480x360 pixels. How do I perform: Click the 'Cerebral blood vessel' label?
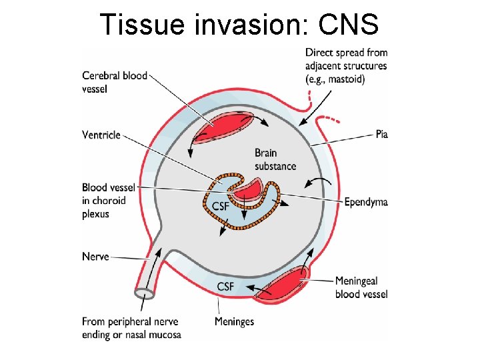(114, 82)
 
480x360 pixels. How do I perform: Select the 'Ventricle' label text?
(101, 135)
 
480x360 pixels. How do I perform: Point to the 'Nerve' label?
(95, 257)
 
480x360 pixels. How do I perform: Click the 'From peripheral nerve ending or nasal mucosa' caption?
(131, 328)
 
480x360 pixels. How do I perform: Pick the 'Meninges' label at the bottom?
(234, 322)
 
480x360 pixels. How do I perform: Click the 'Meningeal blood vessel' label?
(361, 287)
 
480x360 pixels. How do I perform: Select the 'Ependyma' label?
(366, 202)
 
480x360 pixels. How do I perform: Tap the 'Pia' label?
(381, 135)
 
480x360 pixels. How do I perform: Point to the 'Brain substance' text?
(275, 159)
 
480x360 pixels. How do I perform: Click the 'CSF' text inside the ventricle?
(221, 206)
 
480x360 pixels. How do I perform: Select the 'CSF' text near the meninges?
(225, 287)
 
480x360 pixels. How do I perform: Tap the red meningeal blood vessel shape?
(280, 285)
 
